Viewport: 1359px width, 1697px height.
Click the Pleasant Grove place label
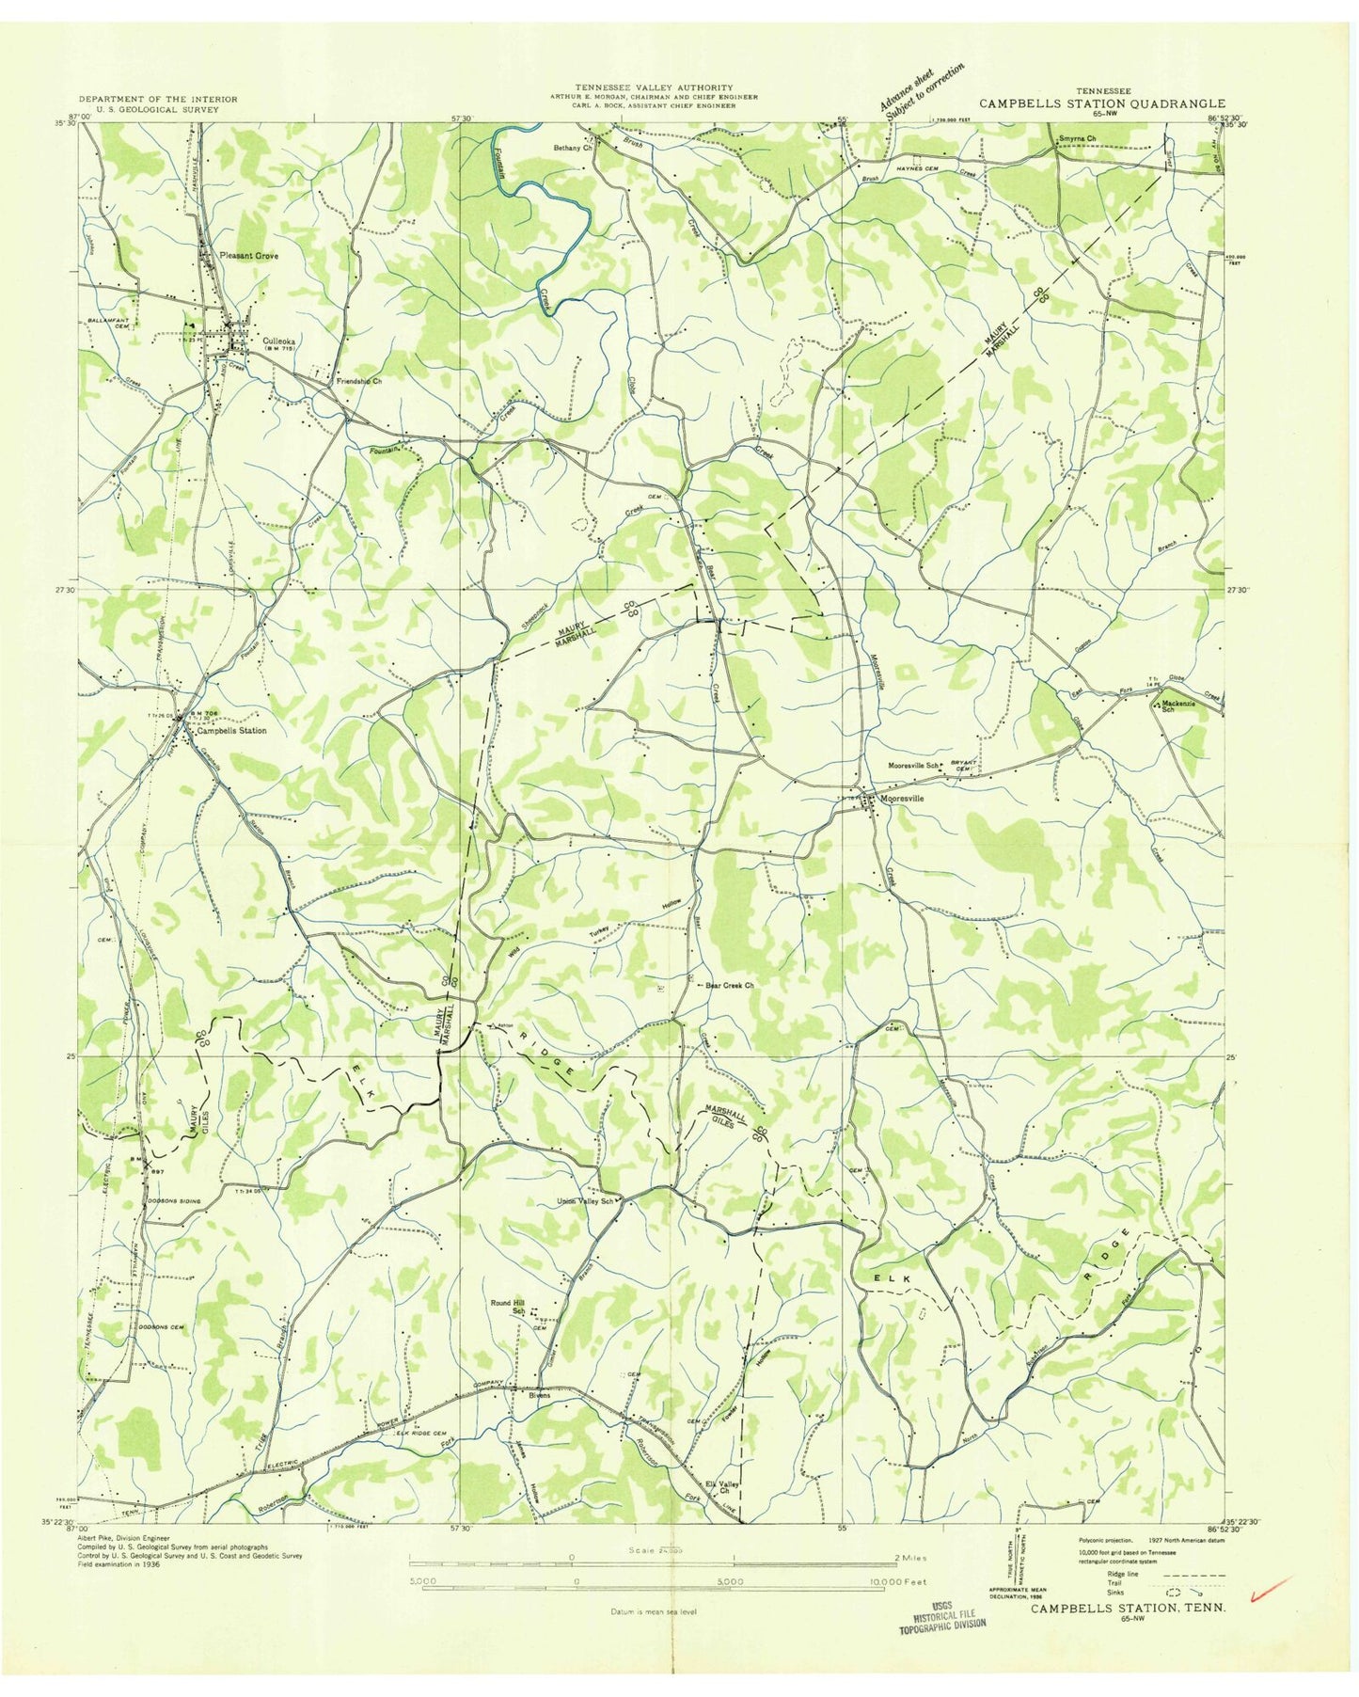pos(248,255)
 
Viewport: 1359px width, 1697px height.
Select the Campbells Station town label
pos(230,730)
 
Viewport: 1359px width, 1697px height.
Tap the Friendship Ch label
pos(359,381)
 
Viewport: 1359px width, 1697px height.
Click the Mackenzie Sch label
pos(1185,706)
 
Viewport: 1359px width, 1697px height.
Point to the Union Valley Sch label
pos(586,1201)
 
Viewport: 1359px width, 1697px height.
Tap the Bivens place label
pos(539,1395)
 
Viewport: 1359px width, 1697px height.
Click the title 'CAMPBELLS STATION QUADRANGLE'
pos(1102,104)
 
